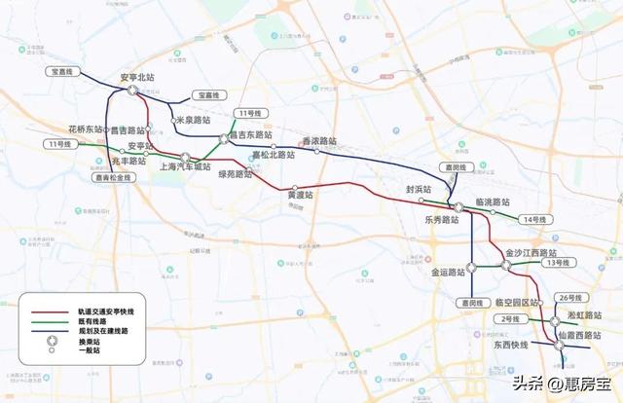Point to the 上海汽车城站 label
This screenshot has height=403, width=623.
tap(184, 166)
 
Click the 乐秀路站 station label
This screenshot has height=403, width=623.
tap(441, 220)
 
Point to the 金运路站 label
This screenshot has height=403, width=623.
tap(448, 273)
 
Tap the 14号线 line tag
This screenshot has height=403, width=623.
tap(533, 219)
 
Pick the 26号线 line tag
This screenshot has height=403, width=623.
tap(570, 297)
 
